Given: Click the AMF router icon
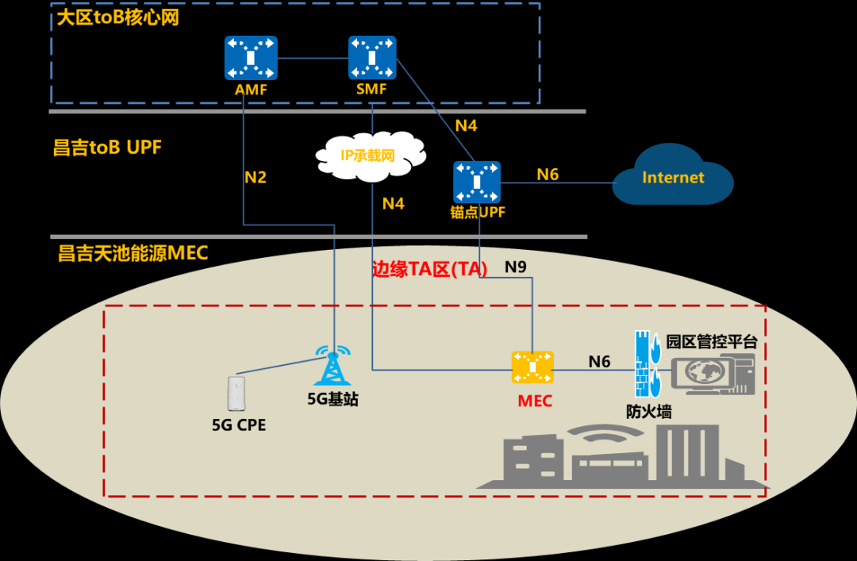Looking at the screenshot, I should (x=251, y=57).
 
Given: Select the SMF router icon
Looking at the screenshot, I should (x=371, y=57).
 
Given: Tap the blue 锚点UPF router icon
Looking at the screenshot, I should (x=477, y=182).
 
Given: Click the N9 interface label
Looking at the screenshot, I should (x=516, y=267).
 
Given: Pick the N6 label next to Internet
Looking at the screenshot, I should (x=548, y=175).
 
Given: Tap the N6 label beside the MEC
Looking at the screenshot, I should (x=599, y=362).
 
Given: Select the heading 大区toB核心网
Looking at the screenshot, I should (x=118, y=17).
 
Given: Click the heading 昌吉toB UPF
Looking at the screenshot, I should (x=107, y=148).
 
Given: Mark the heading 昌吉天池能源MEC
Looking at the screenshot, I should (x=133, y=253).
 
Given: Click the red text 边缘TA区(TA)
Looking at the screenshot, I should (x=429, y=270).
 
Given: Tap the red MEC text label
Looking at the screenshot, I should (x=534, y=401).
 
